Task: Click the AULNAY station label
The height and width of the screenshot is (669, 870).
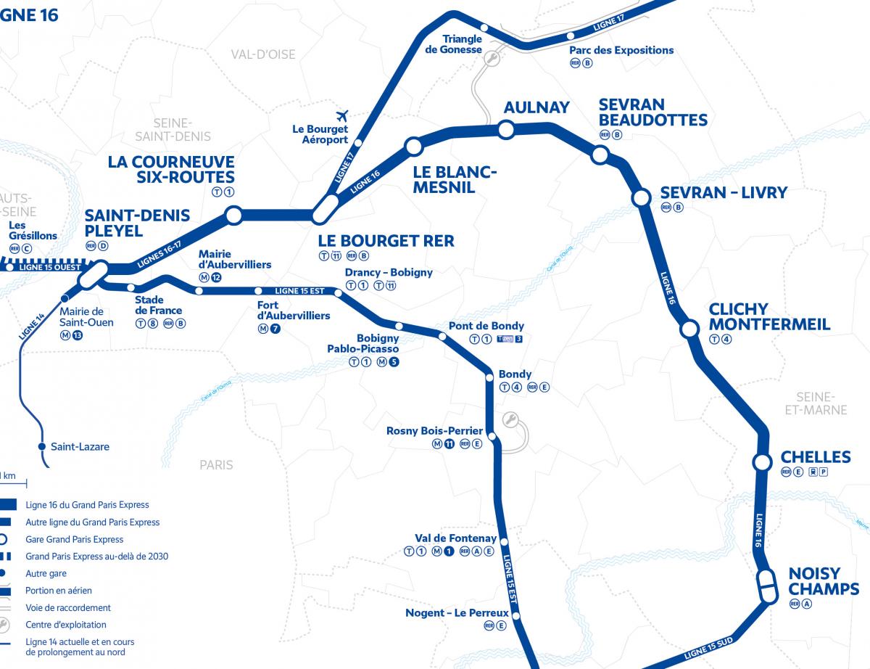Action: [x=536, y=107]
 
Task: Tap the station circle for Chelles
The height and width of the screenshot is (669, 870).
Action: [x=761, y=462]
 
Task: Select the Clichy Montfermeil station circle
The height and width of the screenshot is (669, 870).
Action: [x=688, y=330]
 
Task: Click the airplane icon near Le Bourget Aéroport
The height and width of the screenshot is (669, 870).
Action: [x=343, y=115]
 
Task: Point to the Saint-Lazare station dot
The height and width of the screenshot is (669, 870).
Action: [x=42, y=446]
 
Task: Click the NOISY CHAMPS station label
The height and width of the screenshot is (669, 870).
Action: [x=824, y=580]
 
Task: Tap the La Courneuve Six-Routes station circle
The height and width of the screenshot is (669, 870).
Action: [x=233, y=215]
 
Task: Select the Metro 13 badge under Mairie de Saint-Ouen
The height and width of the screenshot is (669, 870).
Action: [x=78, y=335]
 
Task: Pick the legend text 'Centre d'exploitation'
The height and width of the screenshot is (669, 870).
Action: [x=66, y=625]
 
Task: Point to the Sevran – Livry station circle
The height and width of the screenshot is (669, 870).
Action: [x=641, y=197]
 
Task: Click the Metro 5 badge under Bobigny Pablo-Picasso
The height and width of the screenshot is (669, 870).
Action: [x=394, y=363]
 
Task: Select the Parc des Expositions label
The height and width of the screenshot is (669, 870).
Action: [x=621, y=50]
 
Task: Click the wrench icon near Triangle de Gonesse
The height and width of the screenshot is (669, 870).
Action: [x=493, y=59]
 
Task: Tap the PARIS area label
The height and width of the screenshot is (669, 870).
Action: [x=216, y=464]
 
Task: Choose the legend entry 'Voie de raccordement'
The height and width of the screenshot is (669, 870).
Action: [x=68, y=608]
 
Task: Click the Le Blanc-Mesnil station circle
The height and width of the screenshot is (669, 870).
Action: [x=413, y=147]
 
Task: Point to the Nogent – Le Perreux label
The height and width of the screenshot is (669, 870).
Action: [x=457, y=613]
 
